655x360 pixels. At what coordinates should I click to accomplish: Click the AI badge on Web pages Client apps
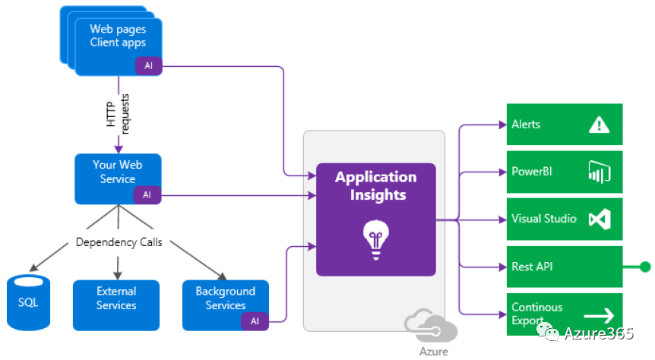point(149,66)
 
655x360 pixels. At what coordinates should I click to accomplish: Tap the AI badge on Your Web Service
point(147,194)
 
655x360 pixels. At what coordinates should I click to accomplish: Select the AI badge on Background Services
point(255,321)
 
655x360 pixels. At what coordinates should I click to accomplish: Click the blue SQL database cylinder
point(27,302)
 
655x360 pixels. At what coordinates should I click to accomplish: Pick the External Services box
point(116,298)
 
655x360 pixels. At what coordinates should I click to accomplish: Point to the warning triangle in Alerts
point(600,125)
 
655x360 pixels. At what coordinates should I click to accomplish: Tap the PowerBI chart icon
point(600,172)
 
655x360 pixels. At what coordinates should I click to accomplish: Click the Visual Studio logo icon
point(600,219)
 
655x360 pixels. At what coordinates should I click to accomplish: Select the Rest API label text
point(531,267)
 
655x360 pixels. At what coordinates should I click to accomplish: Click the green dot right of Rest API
point(645,267)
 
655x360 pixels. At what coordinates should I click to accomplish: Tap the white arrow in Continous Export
point(599,314)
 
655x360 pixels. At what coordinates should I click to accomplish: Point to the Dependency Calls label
point(118,243)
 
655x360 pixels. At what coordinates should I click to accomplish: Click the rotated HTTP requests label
point(118,115)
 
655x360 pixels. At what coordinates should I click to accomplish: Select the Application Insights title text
point(375,185)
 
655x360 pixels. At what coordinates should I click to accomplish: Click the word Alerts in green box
point(526,124)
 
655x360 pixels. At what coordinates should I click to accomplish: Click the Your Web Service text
point(117,172)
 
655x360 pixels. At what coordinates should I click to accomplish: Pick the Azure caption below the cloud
point(433,352)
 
